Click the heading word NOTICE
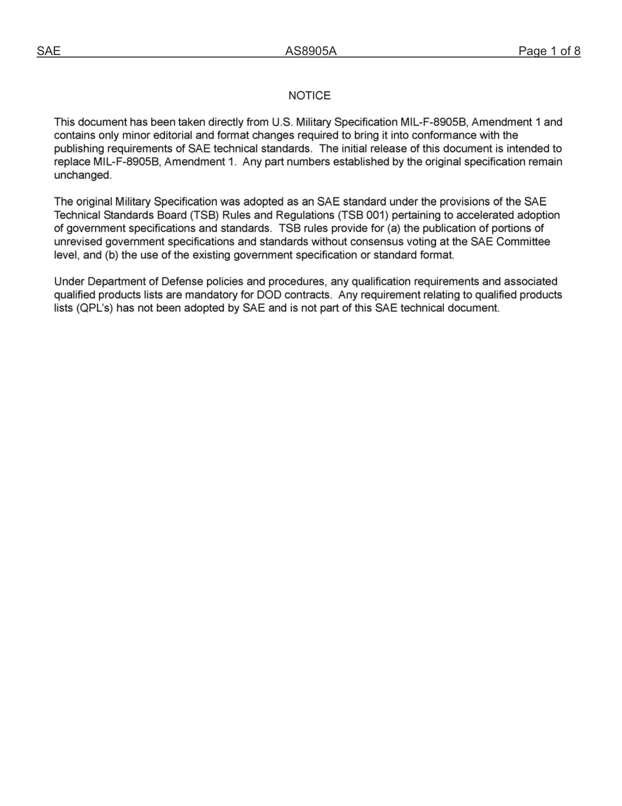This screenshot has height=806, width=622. pos(310,96)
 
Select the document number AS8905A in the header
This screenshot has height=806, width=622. pos(310,51)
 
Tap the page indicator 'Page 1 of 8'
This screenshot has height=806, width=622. pos(549,51)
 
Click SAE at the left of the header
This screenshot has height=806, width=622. pos(48,51)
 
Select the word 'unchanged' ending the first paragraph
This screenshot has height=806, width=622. pos(82,176)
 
